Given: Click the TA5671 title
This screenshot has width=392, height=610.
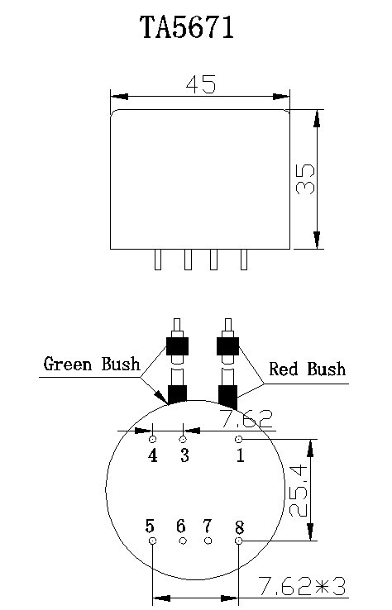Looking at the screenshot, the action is pyautogui.click(x=187, y=27).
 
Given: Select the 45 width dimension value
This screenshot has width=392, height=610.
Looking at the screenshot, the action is pyautogui.click(x=201, y=84).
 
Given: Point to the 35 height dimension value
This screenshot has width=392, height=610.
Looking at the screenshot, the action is pyautogui.click(x=305, y=179).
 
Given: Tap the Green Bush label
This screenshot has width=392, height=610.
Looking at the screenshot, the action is pyautogui.click(x=92, y=364).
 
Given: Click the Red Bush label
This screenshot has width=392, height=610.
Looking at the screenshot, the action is pyautogui.click(x=307, y=369).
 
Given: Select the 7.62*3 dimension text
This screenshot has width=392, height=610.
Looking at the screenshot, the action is pyautogui.click(x=302, y=586).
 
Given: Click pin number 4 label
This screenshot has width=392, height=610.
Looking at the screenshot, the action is pyautogui.click(x=153, y=455).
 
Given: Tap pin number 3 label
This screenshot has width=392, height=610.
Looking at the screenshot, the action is pyautogui.click(x=184, y=455).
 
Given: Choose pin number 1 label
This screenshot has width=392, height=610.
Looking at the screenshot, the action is pyautogui.click(x=240, y=455).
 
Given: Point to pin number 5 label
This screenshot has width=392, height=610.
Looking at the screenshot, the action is pyautogui.click(x=150, y=526).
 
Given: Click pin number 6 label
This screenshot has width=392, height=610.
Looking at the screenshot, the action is pyautogui.click(x=180, y=526).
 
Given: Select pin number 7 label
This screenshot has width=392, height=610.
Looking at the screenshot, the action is pyautogui.click(x=207, y=526).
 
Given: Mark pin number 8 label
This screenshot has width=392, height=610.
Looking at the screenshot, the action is pyautogui.click(x=239, y=527).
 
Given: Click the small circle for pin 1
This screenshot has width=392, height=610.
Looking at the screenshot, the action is pyautogui.click(x=239, y=439).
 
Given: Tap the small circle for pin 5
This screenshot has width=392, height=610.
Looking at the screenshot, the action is pyautogui.click(x=153, y=541).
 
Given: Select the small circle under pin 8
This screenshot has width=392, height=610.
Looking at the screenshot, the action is pyautogui.click(x=239, y=541).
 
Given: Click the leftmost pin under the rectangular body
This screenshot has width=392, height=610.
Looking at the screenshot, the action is pyautogui.click(x=158, y=259).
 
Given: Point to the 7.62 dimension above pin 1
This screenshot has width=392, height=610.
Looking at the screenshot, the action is pyautogui.click(x=246, y=418).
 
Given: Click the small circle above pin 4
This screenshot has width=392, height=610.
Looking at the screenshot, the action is pyautogui.click(x=153, y=439).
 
